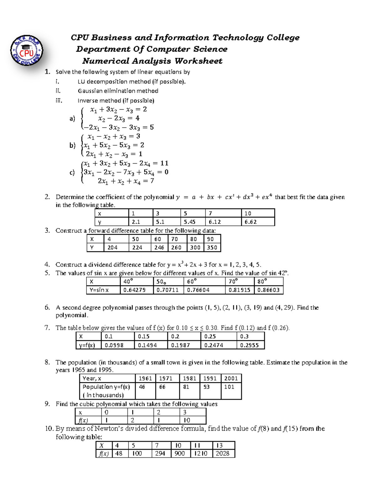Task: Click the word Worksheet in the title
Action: coord(198,61)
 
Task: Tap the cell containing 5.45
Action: coord(190,222)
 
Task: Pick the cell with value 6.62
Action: coord(251,222)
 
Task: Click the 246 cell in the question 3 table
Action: coord(159,248)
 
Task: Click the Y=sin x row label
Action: coord(99,290)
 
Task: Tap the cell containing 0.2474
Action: coord(214,345)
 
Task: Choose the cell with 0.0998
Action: coord(114,345)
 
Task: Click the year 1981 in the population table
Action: coord(190,378)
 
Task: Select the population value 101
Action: coord(229,387)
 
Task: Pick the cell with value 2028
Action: coord(222,453)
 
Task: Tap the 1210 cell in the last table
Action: coord(201,453)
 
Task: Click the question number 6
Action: coord(47,307)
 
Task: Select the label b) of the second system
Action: coord(72,145)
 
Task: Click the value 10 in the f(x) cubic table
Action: coord(187,420)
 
